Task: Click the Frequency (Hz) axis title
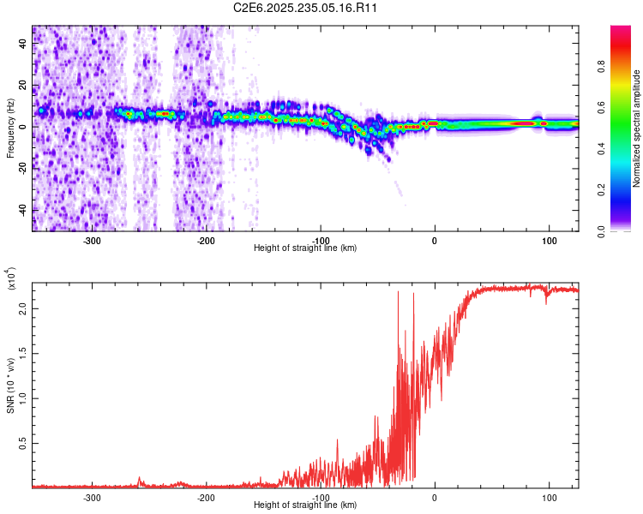point(10,128)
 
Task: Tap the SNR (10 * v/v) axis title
point(10,383)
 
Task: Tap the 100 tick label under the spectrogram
point(549,241)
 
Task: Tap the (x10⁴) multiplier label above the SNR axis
point(12,280)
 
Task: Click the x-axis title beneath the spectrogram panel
point(306,248)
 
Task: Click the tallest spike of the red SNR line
point(399,292)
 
